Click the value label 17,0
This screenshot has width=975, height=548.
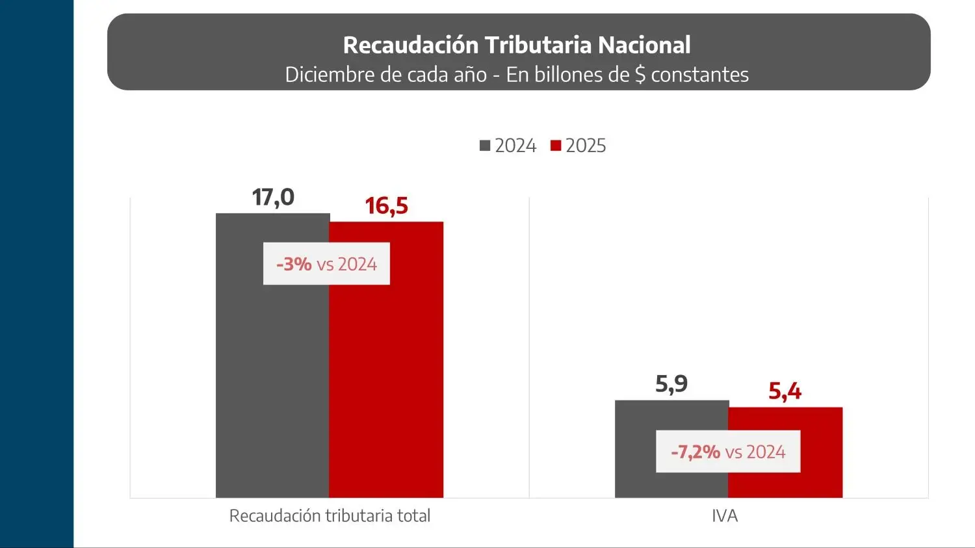coord(273,197)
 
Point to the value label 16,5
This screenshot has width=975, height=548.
coord(386,206)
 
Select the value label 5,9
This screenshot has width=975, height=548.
coord(671,384)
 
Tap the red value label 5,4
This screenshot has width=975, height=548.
coord(785,391)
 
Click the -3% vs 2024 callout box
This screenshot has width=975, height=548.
coord(326,264)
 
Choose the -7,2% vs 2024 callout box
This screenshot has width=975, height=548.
coord(728,452)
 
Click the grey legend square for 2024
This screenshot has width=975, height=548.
coord(485,146)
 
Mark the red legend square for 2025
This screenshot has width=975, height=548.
coord(556,146)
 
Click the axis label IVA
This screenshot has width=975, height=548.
coord(725,516)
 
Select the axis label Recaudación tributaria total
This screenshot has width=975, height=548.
coord(330,516)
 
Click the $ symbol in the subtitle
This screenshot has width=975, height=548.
coord(640,75)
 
